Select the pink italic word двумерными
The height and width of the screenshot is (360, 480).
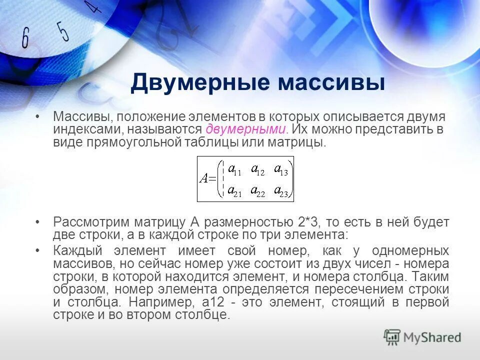[x=246, y=129]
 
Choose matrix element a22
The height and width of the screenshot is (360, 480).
[x=257, y=191]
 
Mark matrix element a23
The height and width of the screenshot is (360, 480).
[x=280, y=191]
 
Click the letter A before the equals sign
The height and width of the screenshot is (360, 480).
[x=203, y=179]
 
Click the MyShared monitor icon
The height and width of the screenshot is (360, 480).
[x=392, y=337]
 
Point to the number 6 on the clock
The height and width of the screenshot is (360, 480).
[x=25, y=37]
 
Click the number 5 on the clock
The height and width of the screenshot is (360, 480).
[x=62, y=31]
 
